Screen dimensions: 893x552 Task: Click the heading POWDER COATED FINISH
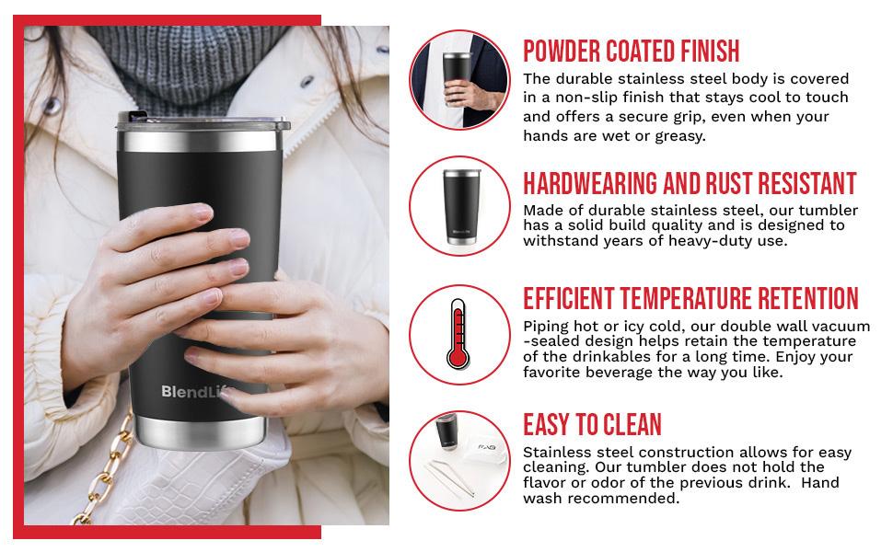pos(631,52)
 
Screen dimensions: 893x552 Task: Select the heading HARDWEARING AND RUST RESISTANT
pos(690,184)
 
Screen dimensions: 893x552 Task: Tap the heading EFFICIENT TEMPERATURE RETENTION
pos(690,299)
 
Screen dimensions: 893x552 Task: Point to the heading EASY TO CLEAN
pos(592,424)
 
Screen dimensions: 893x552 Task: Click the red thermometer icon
pos(458,335)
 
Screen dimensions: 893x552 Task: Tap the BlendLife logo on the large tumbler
pos(196,392)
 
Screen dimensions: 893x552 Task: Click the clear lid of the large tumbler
pos(203,122)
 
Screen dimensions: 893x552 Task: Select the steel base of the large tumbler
pos(200,432)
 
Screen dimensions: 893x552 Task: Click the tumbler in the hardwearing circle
pos(460,207)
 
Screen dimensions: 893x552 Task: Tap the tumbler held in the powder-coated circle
pos(457,77)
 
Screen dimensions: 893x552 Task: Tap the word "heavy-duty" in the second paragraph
pos(712,241)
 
